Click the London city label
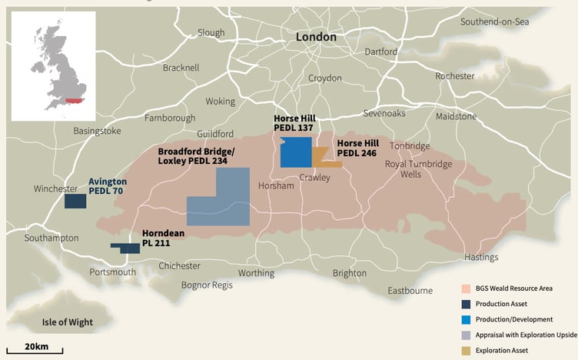click(x=317, y=37)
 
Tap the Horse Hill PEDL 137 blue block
click(x=296, y=152)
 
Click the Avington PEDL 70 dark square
click(x=75, y=202)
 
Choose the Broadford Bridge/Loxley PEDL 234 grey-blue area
click(x=223, y=204)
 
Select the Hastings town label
click(x=481, y=257)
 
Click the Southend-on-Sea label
click(x=495, y=22)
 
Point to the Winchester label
click(x=55, y=188)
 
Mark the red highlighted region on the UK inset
click(x=73, y=100)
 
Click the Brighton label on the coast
click(x=349, y=273)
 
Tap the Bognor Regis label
click(x=206, y=285)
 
